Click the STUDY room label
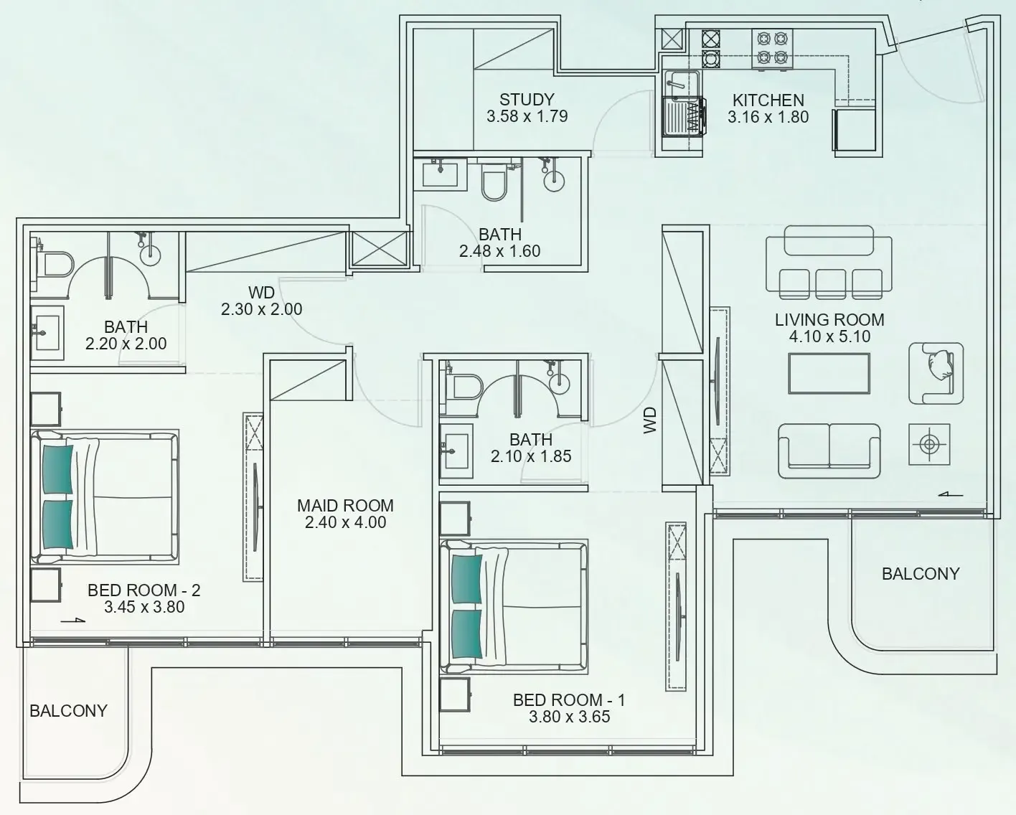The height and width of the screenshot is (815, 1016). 527,100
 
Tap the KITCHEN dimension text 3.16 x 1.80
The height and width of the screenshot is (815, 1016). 768,117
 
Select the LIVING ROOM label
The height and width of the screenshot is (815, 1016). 829,320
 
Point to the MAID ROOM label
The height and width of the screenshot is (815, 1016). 345,506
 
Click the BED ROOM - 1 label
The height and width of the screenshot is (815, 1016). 569,699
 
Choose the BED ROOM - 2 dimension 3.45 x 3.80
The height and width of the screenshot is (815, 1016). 144,607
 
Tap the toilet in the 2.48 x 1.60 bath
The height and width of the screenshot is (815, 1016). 494,182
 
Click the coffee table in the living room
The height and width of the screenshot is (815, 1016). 829,374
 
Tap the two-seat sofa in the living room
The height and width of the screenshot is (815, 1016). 829,451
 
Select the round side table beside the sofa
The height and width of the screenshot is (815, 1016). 929,445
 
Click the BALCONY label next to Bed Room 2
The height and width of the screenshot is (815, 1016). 68,711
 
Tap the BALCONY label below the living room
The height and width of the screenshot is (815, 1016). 920,574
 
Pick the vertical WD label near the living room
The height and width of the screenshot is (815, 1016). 650,421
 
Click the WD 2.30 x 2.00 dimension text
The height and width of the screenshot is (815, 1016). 261,309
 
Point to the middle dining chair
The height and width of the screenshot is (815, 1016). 829,283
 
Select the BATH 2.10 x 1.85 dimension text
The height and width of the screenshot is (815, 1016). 531,456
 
